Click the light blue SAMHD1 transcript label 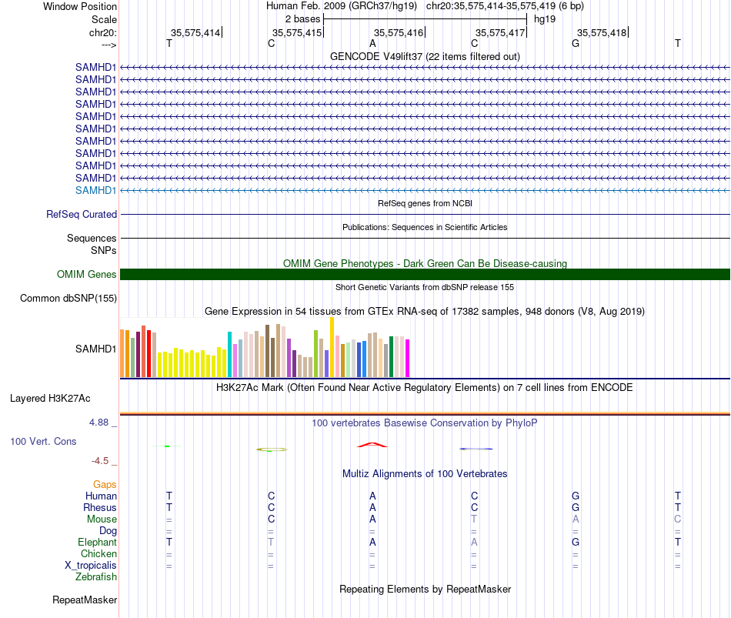[x=95, y=190]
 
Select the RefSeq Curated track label [x=82, y=214]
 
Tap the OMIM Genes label [x=87, y=274]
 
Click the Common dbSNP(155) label [x=68, y=298]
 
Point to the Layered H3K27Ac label [x=50, y=399]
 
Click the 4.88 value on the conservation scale [x=98, y=422]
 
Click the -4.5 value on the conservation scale [x=100, y=461]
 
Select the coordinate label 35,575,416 [x=399, y=32]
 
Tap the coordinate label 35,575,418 [x=602, y=32]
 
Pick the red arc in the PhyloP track [x=372, y=443]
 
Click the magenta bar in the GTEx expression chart [x=408, y=358]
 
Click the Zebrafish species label [x=96, y=577]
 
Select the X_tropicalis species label [x=91, y=566]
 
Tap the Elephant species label [x=98, y=542]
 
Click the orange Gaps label [x=105, y=484]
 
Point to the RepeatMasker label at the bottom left [x=85, y=600]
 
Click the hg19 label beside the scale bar [x=545, y=19]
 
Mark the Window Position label [x=80, y=6]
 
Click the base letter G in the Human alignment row [x=576, y=496]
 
